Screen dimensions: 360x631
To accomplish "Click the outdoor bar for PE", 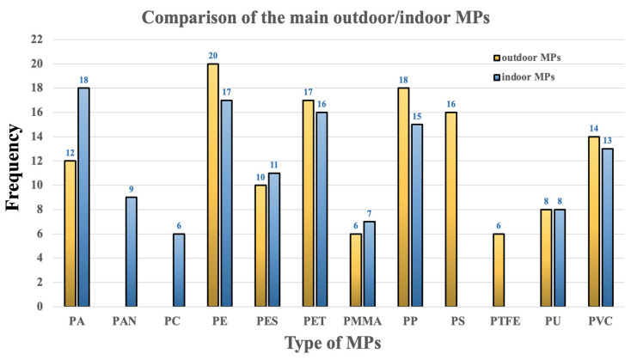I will pyautogui.click(x=212, y=185).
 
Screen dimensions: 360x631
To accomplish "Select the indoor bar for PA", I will pyautogui.click(x=84, y=197).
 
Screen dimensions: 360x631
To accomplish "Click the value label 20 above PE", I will pyautogui.click(x=212, y=56).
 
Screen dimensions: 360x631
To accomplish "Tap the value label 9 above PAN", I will pyautogui.click(x=132, y=189).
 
